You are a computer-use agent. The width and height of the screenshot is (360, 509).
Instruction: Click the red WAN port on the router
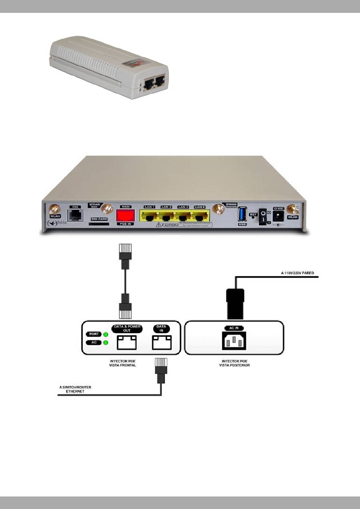[125, 216]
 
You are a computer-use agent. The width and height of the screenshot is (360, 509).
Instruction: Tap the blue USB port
[243, 214]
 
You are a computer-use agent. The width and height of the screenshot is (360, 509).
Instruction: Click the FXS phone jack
[76, 214]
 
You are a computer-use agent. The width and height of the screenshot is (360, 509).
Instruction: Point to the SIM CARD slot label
[99, 219]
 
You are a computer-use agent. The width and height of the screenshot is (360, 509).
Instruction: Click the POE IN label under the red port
[125, 224]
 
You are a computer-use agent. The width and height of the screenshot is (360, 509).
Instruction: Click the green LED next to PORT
[106, 334]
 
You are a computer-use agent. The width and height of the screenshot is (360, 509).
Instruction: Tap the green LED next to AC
[106, 343]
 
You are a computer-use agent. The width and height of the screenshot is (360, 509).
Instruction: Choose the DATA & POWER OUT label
[127, 328]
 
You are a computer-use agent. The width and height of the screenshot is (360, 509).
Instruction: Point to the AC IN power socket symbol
[234, 342]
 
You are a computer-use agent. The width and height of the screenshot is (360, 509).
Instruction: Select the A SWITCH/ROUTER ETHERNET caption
[75, 389]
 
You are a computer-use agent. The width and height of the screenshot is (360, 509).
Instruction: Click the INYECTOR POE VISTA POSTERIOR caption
[235, 364]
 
